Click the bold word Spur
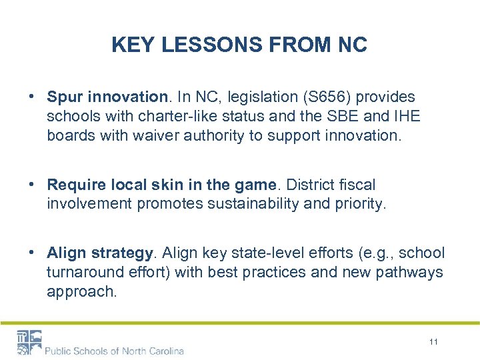64,97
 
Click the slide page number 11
434,342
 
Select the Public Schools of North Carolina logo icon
29,342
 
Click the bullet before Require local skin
32,185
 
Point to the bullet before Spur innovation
32,97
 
